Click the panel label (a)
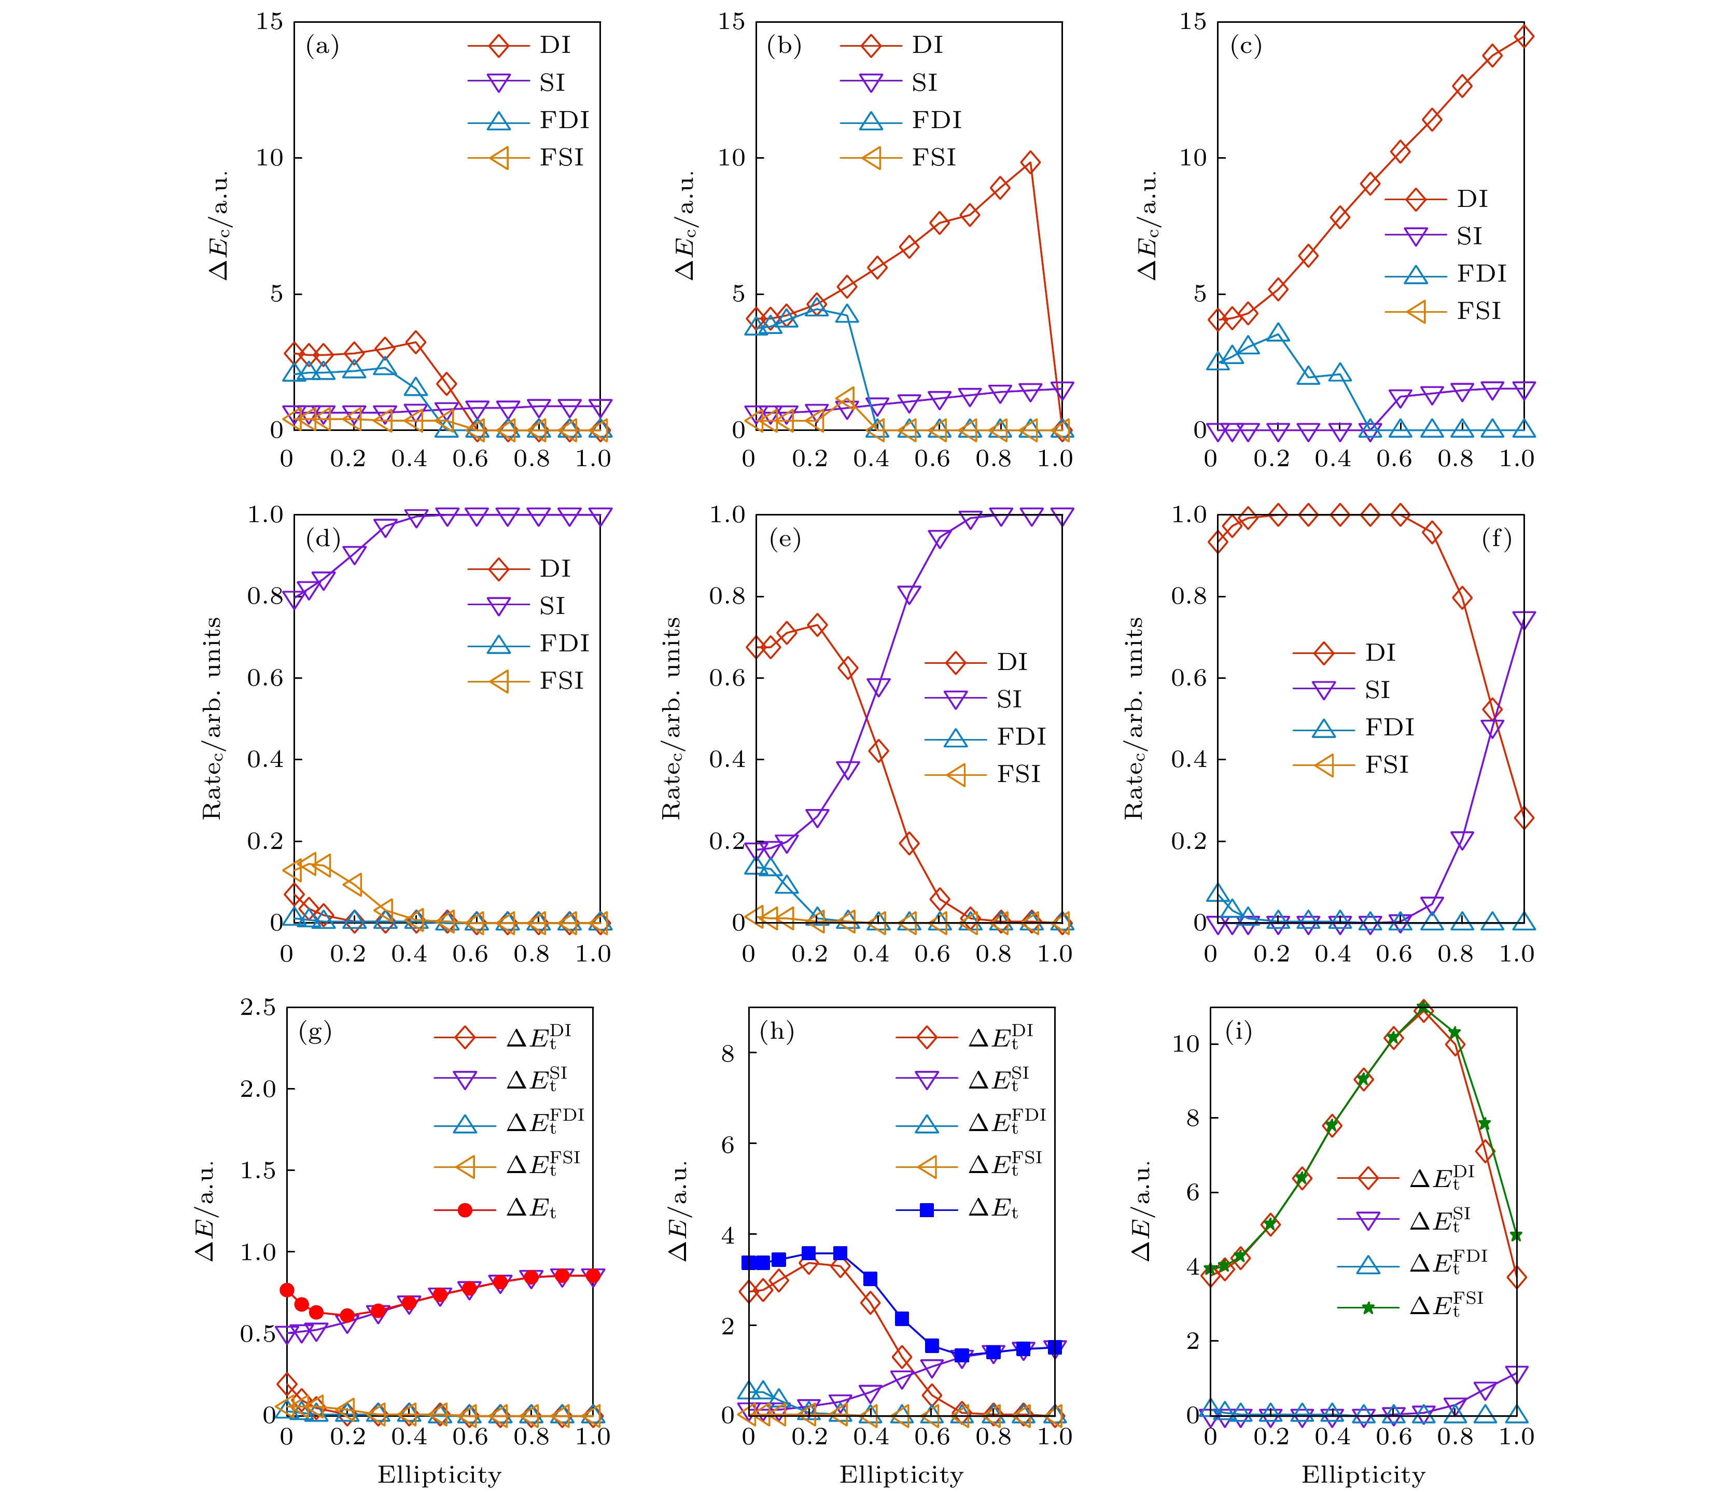pos(323,46)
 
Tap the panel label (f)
pos(1496,539)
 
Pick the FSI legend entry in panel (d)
pos(525,681)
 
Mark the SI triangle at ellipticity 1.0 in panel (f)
pos(1524,620)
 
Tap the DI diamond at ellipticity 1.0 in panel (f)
pos(1524,818)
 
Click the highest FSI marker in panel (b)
pos(846,397)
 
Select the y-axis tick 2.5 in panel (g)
pos(258,1007)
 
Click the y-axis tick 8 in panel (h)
pos(727,1053)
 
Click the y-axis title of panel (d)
pos(212,718)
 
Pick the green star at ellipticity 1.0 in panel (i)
pos(1516,1236)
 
